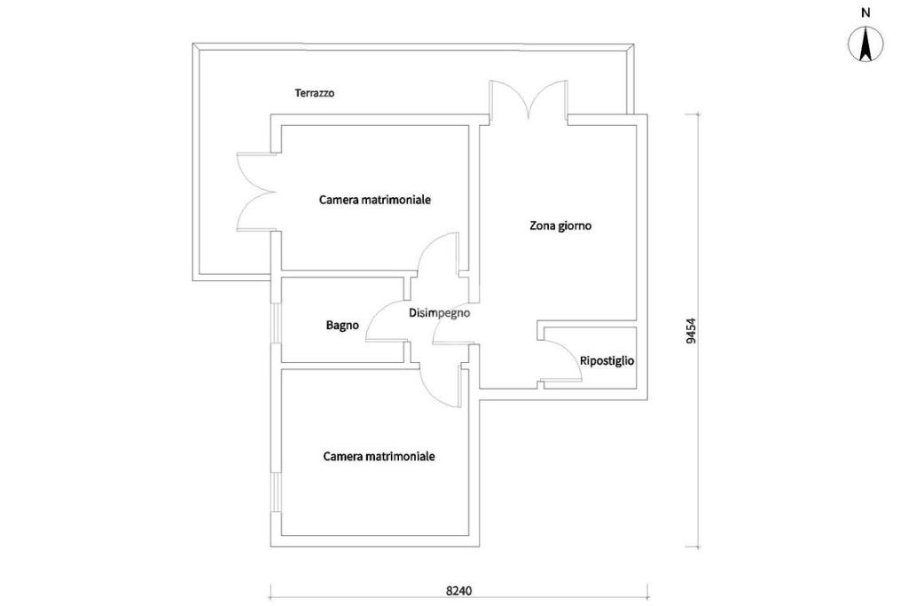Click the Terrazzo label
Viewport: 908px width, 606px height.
coord(314,93)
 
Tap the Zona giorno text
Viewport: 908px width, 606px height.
coord(560,225)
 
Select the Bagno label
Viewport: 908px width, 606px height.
coord(342,326)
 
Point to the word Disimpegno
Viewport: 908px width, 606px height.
coord(439,312)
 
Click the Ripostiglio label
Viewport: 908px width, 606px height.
coord(607,361)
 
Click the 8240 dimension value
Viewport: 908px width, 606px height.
coord(458,591)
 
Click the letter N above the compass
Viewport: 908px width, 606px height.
coord(865,13)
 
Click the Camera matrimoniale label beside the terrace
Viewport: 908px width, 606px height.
coord(375,200)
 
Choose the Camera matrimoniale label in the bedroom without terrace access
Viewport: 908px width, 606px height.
coord(379,457)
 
